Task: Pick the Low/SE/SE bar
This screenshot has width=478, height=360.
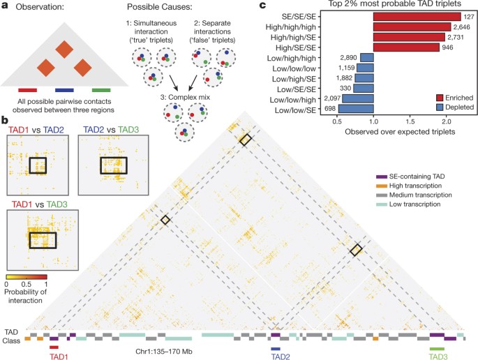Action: point(365,89)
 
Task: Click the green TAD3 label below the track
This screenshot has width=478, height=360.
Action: point(438,355)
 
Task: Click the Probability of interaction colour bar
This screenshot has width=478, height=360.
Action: point(24,276)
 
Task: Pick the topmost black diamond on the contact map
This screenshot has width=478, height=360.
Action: point(245,140)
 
